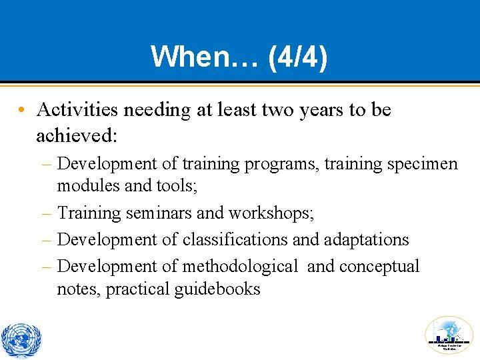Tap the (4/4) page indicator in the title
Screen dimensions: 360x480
tap(297, 57)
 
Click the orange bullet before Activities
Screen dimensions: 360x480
tap(23, 110)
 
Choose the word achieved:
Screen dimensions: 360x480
tap(77, 135)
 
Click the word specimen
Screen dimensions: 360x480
tap(425, 163)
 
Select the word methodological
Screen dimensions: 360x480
tap(239, 266)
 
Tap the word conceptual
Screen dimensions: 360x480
tap(379, 266)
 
